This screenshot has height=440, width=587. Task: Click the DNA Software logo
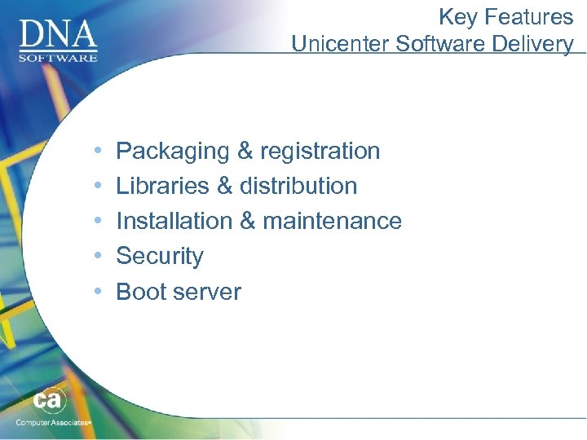[58, 38]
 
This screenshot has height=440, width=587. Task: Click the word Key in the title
[456, 16]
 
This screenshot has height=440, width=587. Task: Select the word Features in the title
[528, 16]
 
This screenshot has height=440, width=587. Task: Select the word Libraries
[163, 186]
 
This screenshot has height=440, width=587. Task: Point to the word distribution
[298, 186]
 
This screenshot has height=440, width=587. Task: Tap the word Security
[160, 256]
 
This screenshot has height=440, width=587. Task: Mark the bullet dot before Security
[98, 256]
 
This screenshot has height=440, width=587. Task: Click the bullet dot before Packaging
[98, 152]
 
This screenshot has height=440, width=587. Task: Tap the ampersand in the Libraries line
[225, 186]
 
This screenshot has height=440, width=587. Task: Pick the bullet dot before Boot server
[98, 292]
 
